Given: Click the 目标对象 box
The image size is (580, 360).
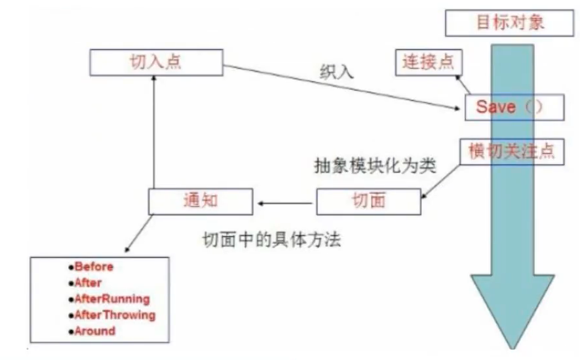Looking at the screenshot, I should click(505, 24).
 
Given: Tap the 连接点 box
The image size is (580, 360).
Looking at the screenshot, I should click(429, 63).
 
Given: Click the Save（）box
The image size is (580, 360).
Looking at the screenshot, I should click(514, 107).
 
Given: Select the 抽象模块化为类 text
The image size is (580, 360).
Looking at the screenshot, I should click(374, 165).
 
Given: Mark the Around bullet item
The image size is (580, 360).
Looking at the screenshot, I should click(94, 331).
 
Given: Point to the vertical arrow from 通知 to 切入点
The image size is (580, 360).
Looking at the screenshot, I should click(153, 131).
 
